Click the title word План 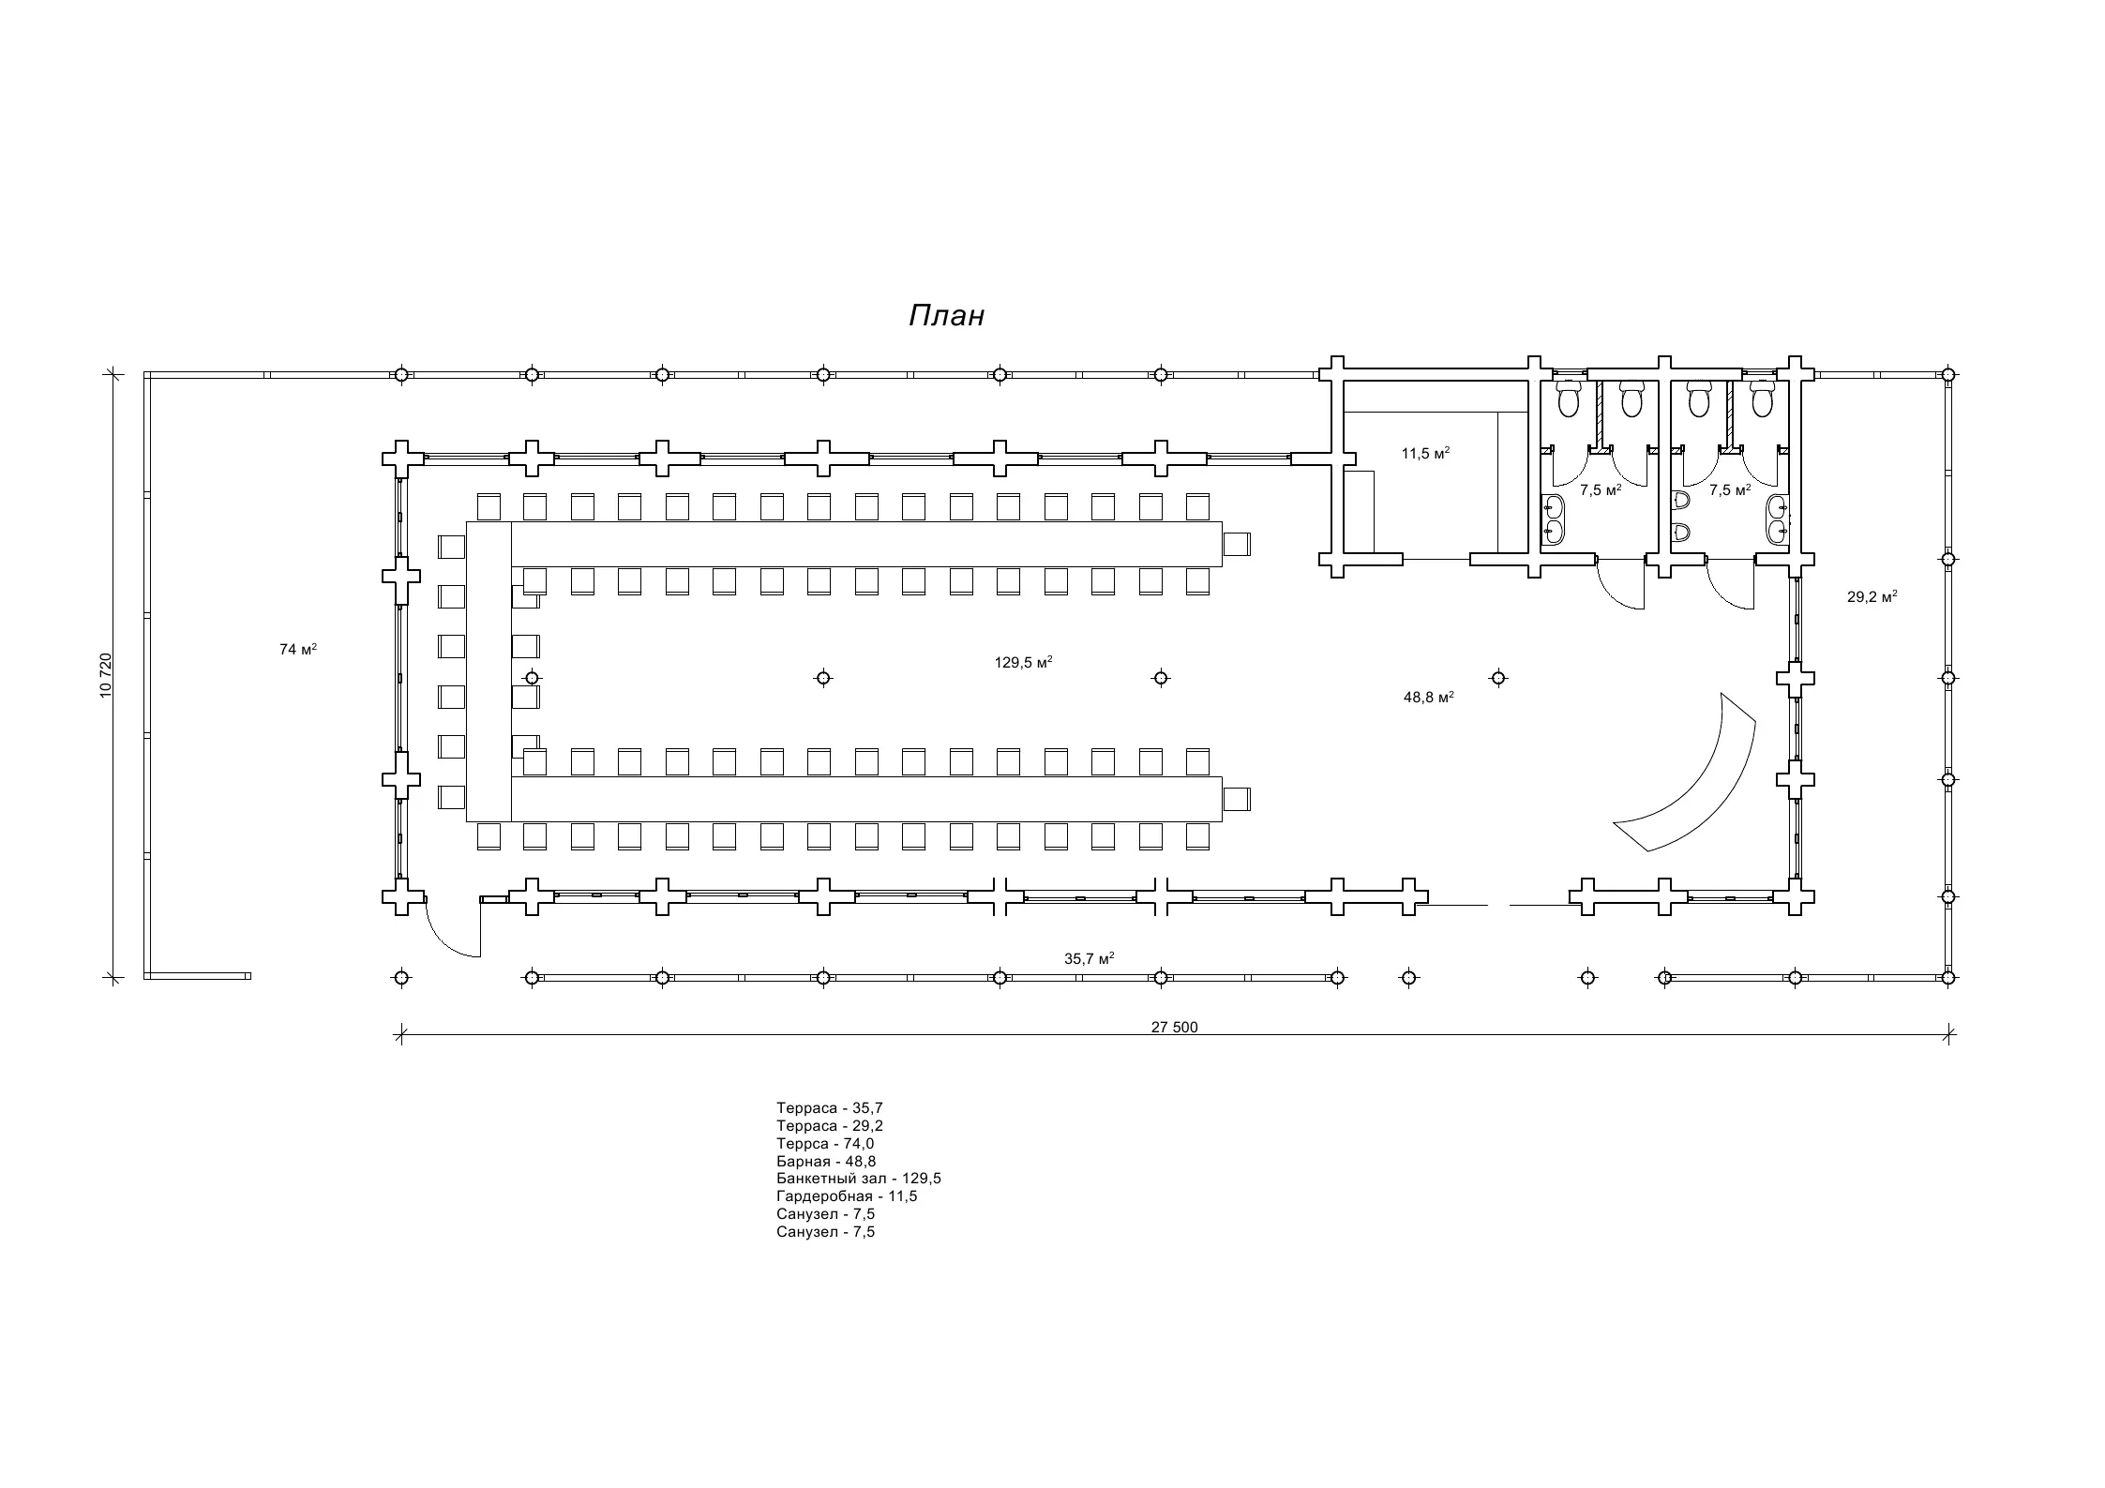[946, 316]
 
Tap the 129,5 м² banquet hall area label [1023, 662]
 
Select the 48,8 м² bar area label [1428, 697]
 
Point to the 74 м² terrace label [297, 649]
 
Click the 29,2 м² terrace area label [1872, 596]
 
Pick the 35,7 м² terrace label [1089, 958]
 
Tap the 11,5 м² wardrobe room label [1425, 454]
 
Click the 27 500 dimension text [1174, 1027]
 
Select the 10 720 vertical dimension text [105, 675]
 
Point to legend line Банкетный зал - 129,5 [858, 1179]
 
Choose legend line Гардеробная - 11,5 [847, 1196]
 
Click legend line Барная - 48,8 [826, 1161]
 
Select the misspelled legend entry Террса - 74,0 [825, 1143]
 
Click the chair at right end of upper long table [1237, 544]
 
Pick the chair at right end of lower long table [1237, 799]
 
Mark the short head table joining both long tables [489, 671]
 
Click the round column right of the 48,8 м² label [1498, 678]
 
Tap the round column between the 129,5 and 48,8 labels [1161, 678]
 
